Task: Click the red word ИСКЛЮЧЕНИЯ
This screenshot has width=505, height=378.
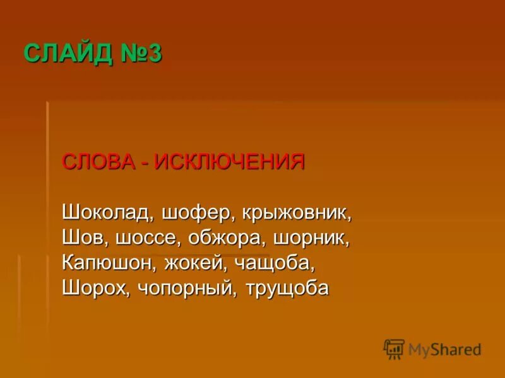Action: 230,161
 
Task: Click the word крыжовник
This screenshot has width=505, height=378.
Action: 295,212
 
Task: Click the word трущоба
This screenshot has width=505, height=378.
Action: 292,288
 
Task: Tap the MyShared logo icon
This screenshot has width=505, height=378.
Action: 394,349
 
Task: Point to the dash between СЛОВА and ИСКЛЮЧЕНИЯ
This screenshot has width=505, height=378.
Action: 145,163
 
